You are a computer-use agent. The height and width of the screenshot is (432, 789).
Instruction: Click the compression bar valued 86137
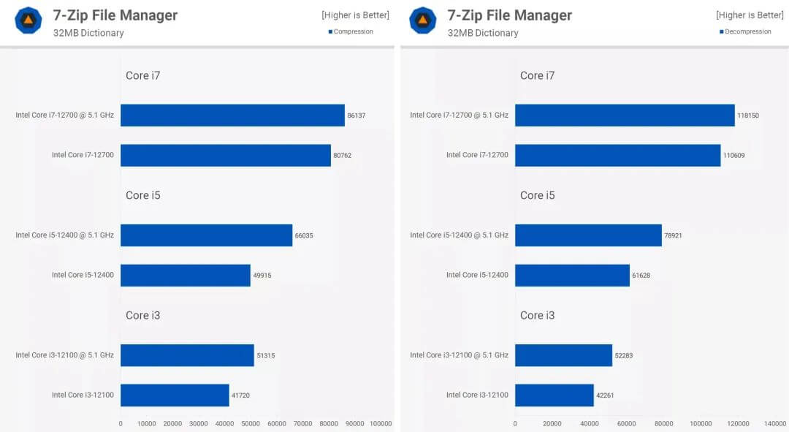pyautogui.click(x=232, y=115)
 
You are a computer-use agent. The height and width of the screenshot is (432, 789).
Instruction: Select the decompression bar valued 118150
pyautogui.click(x=625, y=115)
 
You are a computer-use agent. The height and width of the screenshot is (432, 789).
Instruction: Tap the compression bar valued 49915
pyautogui.click(x=186, y=275)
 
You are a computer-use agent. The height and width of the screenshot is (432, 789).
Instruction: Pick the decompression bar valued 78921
pyautogui.click(x=588, y=235)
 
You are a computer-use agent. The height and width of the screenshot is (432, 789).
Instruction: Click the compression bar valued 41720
pyautogui.click(x=175, y=395)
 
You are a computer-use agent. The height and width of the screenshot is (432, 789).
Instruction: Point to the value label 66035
pyautogui.click(x=304, y=235)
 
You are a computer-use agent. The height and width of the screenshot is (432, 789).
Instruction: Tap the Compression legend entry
pyautogui.click(x=353, y=31)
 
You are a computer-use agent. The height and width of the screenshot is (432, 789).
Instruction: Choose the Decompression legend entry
pyautogui.click(x=746, y=31)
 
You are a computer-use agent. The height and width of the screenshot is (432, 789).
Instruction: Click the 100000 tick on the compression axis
pyautogui.click(x=381, y=423)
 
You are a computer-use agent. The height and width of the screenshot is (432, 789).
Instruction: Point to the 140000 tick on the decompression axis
pyautogui.click(x=775, y=423)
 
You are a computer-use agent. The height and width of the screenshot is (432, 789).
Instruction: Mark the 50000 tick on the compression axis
pyautogui.click(x=251, y=423)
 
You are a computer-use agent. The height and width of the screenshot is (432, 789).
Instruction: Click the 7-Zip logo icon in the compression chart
pyautogui.click(x=28, y=20)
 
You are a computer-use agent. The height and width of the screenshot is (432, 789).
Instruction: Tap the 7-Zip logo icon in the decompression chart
pyautogui.click(x=423, y=20)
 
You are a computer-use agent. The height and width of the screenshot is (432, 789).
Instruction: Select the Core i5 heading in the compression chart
pyautogui.click(x=142, y=195)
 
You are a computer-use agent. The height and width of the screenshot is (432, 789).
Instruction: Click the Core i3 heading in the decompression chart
pyautogui.click(x=537, y=315)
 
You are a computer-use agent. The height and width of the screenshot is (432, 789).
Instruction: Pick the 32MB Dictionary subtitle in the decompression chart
pyautogui.click(x=483, y=33)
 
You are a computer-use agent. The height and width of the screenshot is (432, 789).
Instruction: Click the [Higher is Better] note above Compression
pyautogui.click(x=355, y=15)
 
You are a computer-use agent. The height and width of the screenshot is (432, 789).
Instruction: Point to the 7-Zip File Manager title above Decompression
pyautogui.click(x=509, y=15)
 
